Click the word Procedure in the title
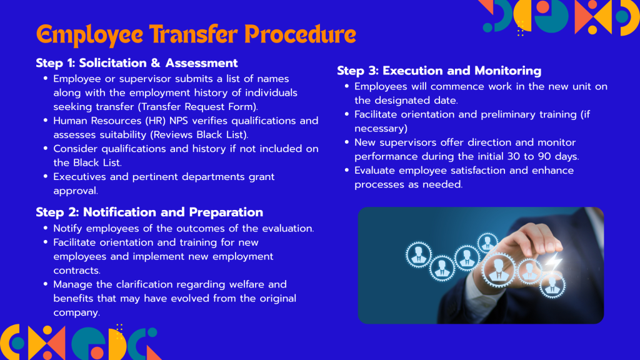pyautogui.click(x=300, y=35)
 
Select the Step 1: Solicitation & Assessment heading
pyautogui.click(x=137, y=63)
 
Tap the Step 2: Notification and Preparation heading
pyautogui.click(x=149, y=212)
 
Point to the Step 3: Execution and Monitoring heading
pyautogui.click(x=439, y=71)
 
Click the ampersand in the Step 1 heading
pyautogui.click(x=156, y=63)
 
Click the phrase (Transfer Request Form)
pyautogui.click(x=197, y=107)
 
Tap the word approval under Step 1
pyautogui.click(x=76, y=191)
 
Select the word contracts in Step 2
pyautogui.click(x=77, y=271)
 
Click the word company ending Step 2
pyautogui.click(x=76, y=313)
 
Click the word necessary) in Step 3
pyautogui.click(x=381, y=129)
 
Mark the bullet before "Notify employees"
pyautogui.click(x=46, y=227)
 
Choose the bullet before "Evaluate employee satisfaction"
pyautogui.click(x=347, y=170)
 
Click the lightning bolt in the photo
pyautogui.click(x=551, y=262)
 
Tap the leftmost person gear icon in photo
pyautogui.click(x=418, y=255)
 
